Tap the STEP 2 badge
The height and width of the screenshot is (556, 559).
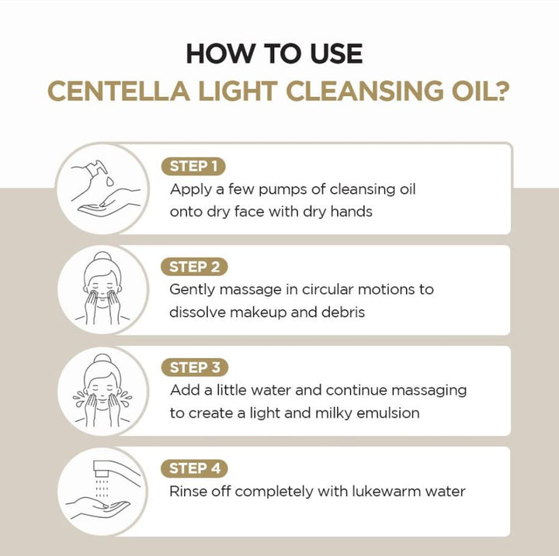[194, 267]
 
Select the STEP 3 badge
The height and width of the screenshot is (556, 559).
[194, 368]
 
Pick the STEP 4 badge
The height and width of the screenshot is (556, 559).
[194, 468]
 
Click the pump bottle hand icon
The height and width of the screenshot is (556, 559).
[102, 188]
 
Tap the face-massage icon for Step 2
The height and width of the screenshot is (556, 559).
[102, 289]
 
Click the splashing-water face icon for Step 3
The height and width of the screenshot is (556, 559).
[102, 390]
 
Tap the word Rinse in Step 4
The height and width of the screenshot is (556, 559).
[189, 492]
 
